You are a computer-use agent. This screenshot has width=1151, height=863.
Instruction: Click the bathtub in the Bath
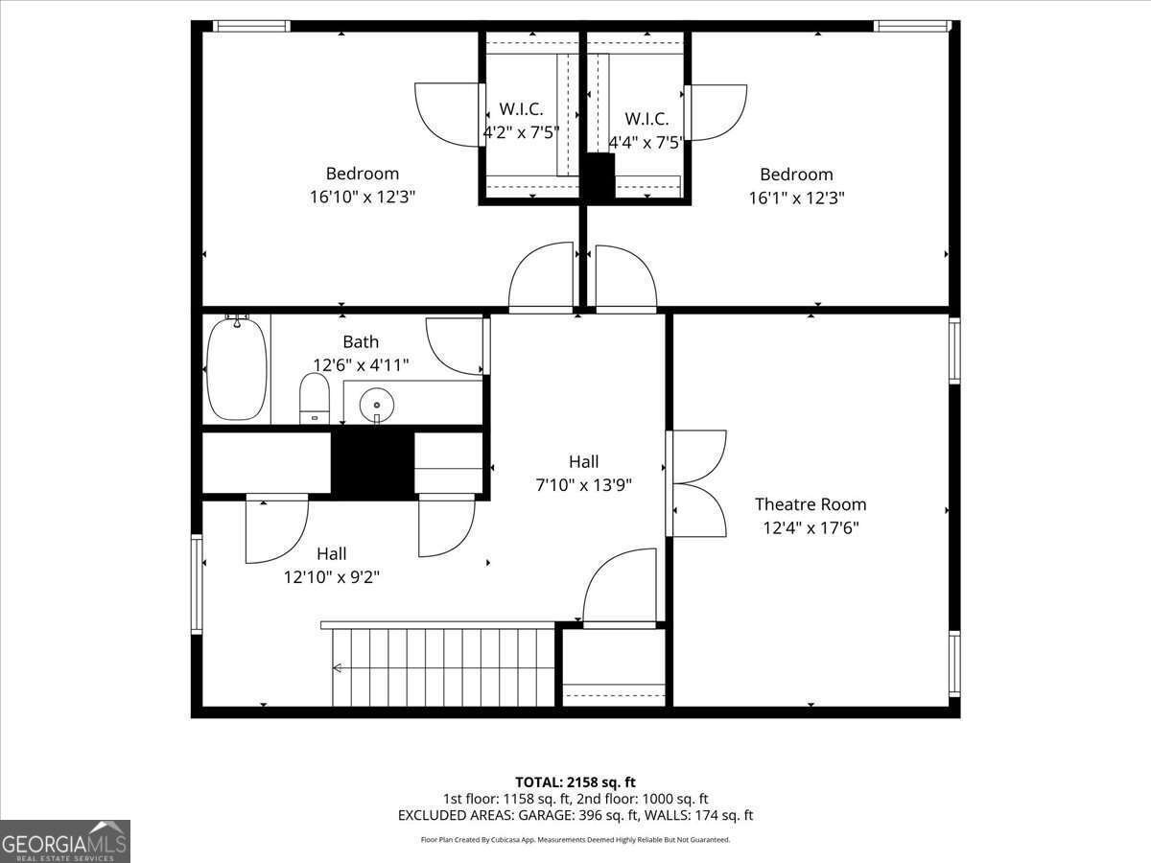236,368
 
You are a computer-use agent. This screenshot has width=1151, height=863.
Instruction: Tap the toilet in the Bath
315,399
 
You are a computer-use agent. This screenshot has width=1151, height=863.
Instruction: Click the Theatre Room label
810,504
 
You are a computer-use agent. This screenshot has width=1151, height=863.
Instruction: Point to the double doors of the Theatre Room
698,483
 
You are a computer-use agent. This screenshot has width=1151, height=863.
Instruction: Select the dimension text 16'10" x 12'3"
362,198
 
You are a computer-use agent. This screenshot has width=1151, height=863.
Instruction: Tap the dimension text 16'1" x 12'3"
796,198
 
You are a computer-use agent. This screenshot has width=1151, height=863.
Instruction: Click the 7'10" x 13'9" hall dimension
583,485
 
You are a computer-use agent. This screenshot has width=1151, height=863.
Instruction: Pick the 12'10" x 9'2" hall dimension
332,577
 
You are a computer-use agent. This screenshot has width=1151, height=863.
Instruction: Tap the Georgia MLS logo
64,841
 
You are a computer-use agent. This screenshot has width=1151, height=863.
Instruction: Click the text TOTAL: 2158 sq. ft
575,782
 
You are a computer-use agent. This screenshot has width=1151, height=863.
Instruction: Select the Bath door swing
457,345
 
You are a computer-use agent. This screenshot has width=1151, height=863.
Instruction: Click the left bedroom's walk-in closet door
447,115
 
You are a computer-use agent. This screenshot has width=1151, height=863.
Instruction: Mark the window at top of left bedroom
250,26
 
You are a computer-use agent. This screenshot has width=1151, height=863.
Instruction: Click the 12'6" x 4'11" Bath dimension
361,365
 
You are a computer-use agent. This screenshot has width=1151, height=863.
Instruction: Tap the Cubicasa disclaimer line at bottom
575,840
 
